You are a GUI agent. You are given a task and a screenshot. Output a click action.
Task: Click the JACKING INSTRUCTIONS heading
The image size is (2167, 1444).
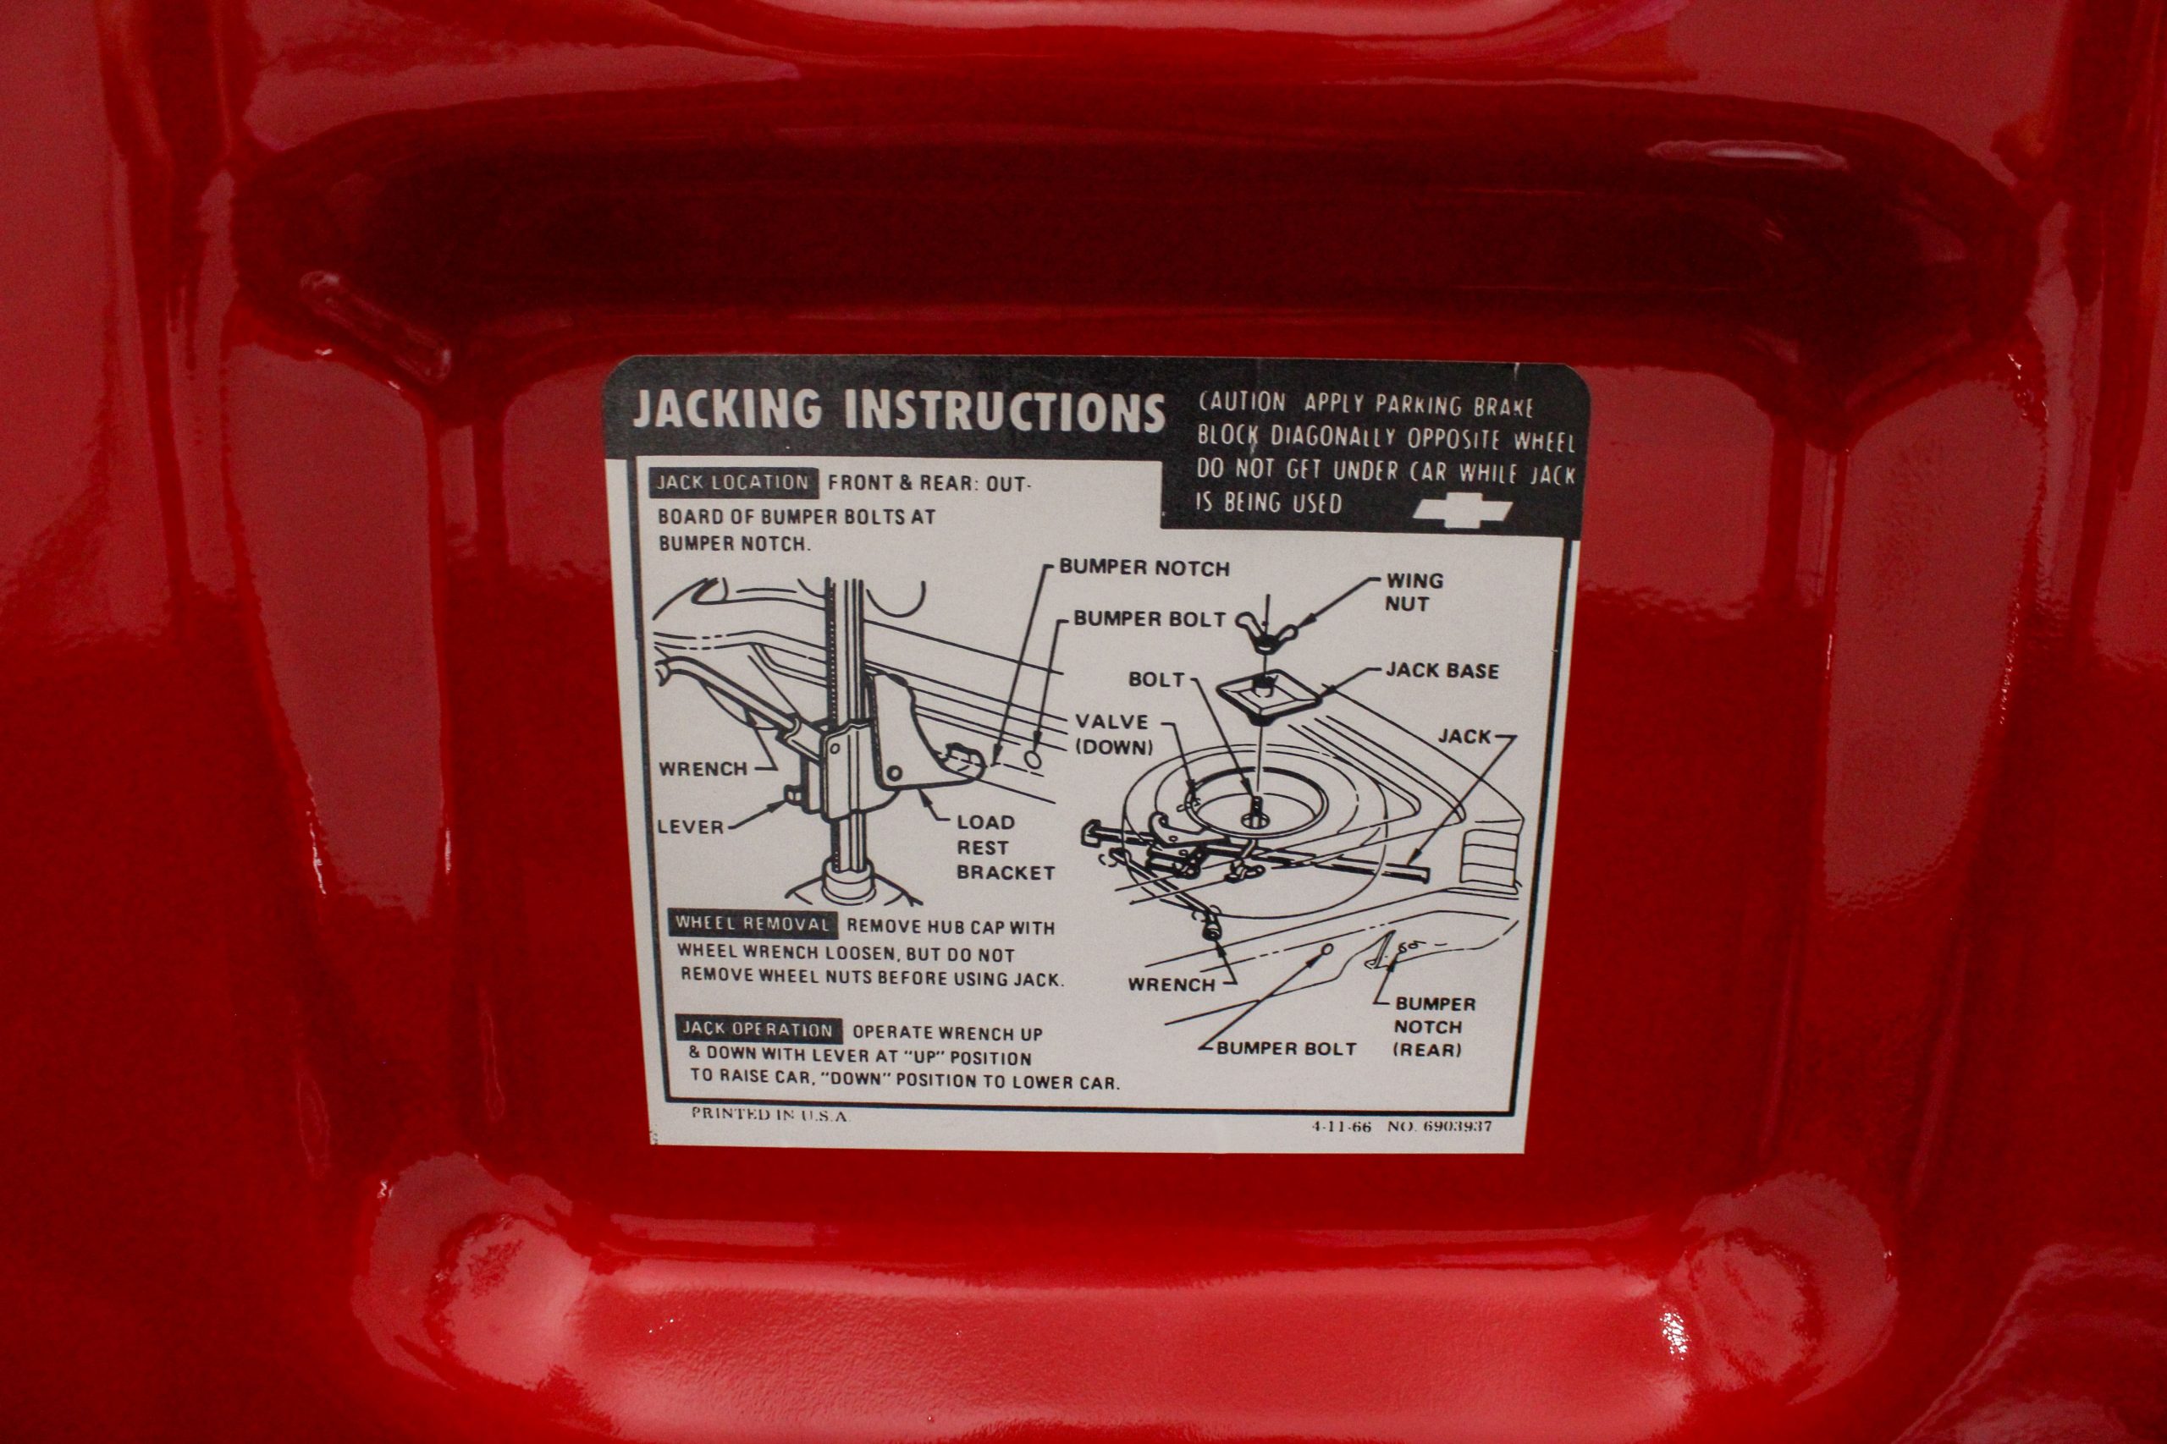(898, 412)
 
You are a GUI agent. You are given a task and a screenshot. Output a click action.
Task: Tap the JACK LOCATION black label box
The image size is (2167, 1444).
(732, 482)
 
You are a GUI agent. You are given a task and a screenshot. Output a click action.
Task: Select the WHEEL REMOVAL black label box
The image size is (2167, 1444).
(752, 924)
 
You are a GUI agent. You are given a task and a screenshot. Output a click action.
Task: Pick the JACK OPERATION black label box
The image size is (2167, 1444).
(758, 1029)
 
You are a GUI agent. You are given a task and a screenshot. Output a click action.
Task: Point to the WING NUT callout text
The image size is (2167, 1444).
(1414, 592)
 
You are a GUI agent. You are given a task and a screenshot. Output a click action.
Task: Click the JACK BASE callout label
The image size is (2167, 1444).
(1442, 671)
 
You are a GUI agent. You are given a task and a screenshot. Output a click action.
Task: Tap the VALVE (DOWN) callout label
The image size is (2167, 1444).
(1113, 733)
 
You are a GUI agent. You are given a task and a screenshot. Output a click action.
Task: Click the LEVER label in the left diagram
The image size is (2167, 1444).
(690, 827)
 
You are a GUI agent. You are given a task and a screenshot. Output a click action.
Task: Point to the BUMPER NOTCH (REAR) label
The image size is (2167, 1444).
(1435, 1026)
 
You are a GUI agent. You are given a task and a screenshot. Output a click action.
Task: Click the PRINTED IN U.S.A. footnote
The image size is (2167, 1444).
(769, 1114)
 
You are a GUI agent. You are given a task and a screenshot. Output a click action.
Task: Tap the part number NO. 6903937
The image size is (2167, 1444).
(1440, 1125)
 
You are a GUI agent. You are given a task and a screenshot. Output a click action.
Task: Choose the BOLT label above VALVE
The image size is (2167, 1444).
(1156, 679)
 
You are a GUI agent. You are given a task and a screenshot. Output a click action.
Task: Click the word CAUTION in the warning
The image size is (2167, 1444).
(1241, 403)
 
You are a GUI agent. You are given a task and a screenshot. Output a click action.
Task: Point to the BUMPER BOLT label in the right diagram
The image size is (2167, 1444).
(1286, 1048)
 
